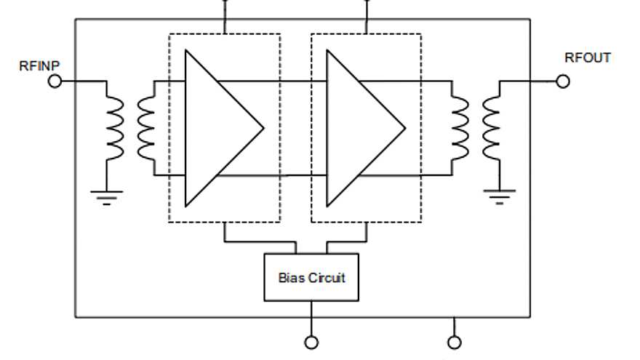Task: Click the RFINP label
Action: (39, 66)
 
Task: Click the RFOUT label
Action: (588, 58)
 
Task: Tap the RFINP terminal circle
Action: (55, 81)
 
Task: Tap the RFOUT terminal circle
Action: (562, 81)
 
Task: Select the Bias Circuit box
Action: (311, 277)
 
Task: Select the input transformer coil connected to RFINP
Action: (115, 128)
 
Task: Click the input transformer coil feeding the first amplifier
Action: (146, 128)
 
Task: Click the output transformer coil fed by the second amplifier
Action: (460, 128)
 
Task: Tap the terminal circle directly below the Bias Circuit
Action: (311, 343)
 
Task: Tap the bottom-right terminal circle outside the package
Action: (455, 343)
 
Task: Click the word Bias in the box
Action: (290, 277)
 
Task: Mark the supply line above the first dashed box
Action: (224, 18)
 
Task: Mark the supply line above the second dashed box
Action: (366, 18)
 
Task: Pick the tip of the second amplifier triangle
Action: (404, 128)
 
